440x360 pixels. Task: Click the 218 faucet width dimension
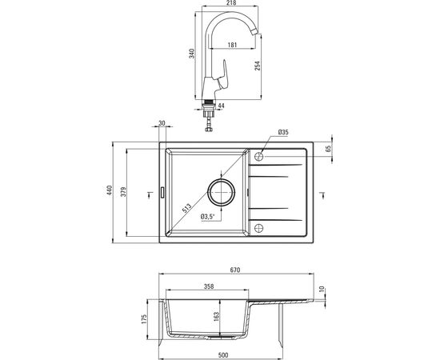point(231,3)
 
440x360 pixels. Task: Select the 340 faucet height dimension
point(192,54)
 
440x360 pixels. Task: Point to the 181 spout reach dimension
point(232,44)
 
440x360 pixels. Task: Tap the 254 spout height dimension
point(258,66)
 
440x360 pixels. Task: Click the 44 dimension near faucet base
point(221,106)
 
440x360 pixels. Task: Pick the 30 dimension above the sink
point(162,123)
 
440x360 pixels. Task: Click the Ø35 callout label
point(283,132)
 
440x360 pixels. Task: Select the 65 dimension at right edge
point(328,149)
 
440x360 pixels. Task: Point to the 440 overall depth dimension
point(110,190)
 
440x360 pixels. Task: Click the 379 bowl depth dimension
point(123,191)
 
